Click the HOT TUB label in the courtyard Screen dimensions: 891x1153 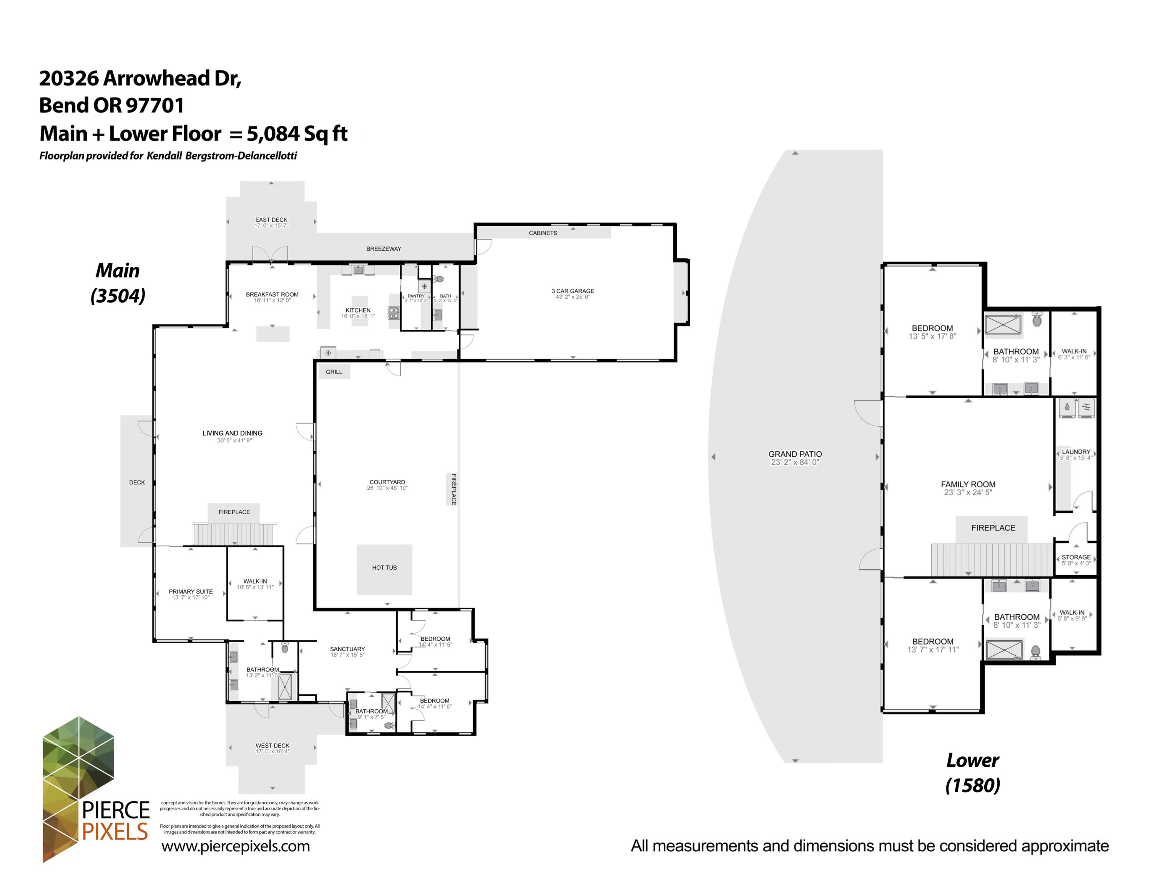click(384, 567)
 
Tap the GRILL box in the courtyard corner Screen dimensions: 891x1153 click(334, 372)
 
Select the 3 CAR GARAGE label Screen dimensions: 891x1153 click(572, 291)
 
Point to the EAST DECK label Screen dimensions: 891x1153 click(271, 219)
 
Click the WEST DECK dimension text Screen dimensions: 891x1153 click(272, 751)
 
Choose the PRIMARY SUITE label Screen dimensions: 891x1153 click(191, 591)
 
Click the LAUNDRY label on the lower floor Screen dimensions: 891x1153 click(1075, 452)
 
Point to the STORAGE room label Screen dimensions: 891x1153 click(1075, 557)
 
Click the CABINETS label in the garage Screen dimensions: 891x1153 click(543, 233)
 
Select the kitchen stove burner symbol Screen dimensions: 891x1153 click(393, 313)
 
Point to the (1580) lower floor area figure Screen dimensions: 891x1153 click(972, 785)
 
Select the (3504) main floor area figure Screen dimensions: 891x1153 click(118, 295)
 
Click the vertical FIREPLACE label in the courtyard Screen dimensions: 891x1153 click(454, 489)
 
